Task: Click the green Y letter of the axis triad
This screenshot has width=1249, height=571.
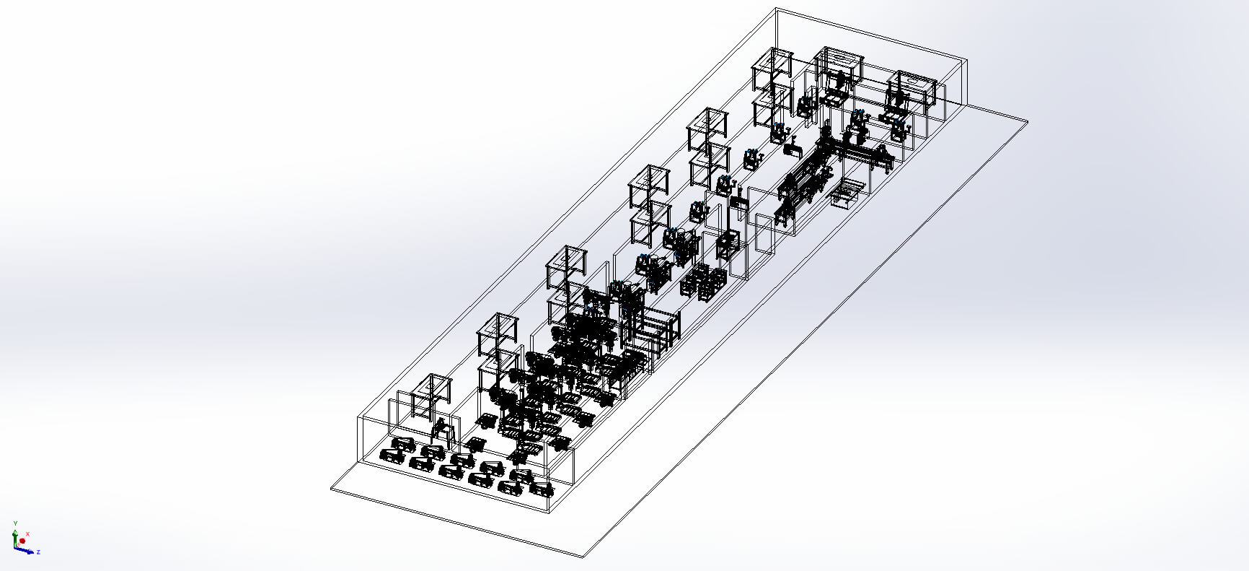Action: click(14, 522)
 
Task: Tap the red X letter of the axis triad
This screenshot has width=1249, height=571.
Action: click(27, 534)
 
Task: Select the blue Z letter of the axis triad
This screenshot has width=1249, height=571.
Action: click(38, 552)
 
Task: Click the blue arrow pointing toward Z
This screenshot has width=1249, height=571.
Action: click(27, 551)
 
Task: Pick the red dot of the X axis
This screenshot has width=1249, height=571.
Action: click(22, 541)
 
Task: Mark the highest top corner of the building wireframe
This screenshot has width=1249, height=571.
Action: click(777, 9)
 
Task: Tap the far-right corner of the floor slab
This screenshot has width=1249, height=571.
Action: click(1027, 121)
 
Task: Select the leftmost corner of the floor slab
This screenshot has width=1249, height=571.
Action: click(331, 489)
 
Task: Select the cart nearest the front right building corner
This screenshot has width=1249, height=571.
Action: click(541, 489)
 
